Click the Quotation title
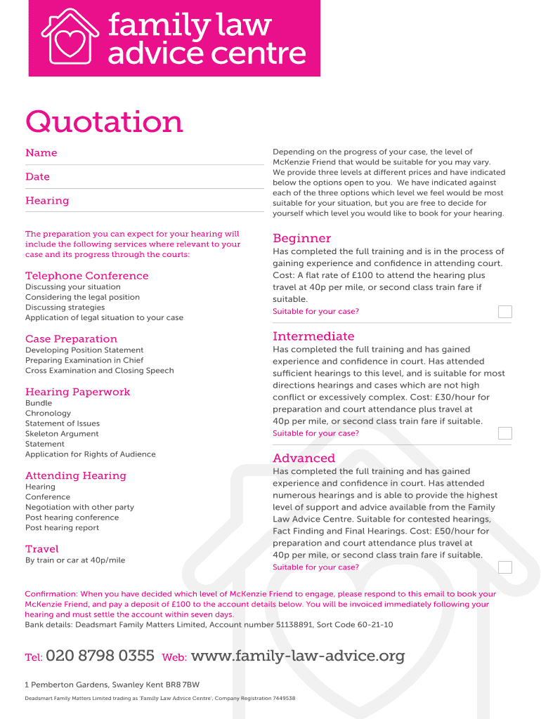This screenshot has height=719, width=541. tap(104, 122)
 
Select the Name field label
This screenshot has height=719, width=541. tap(41, 153)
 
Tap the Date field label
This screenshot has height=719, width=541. tap(37, 177)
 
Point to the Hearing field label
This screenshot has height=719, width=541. tap(47, 201)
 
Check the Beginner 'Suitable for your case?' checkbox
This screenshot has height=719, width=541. tap(504, 312)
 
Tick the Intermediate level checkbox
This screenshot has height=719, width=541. tap(504, 433)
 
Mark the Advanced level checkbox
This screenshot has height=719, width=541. tap(504, 567)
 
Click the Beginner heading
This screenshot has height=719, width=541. tap(301, 238)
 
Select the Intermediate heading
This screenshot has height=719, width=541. tap(313, 336)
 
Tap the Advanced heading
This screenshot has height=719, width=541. tap(304, 459)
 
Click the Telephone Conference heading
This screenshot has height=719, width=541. tap(87, 276)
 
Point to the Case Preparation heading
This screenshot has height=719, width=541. tap(71, 339)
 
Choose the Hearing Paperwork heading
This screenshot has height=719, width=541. tap(78, 392)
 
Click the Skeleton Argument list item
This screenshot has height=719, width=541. tap(62, 434)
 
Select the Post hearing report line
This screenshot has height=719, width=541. tap(62, 528)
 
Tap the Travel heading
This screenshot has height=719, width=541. tap(42, 549)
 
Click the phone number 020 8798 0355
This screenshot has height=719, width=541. tap(100, 657)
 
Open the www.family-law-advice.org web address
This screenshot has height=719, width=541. tap(298, 657)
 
